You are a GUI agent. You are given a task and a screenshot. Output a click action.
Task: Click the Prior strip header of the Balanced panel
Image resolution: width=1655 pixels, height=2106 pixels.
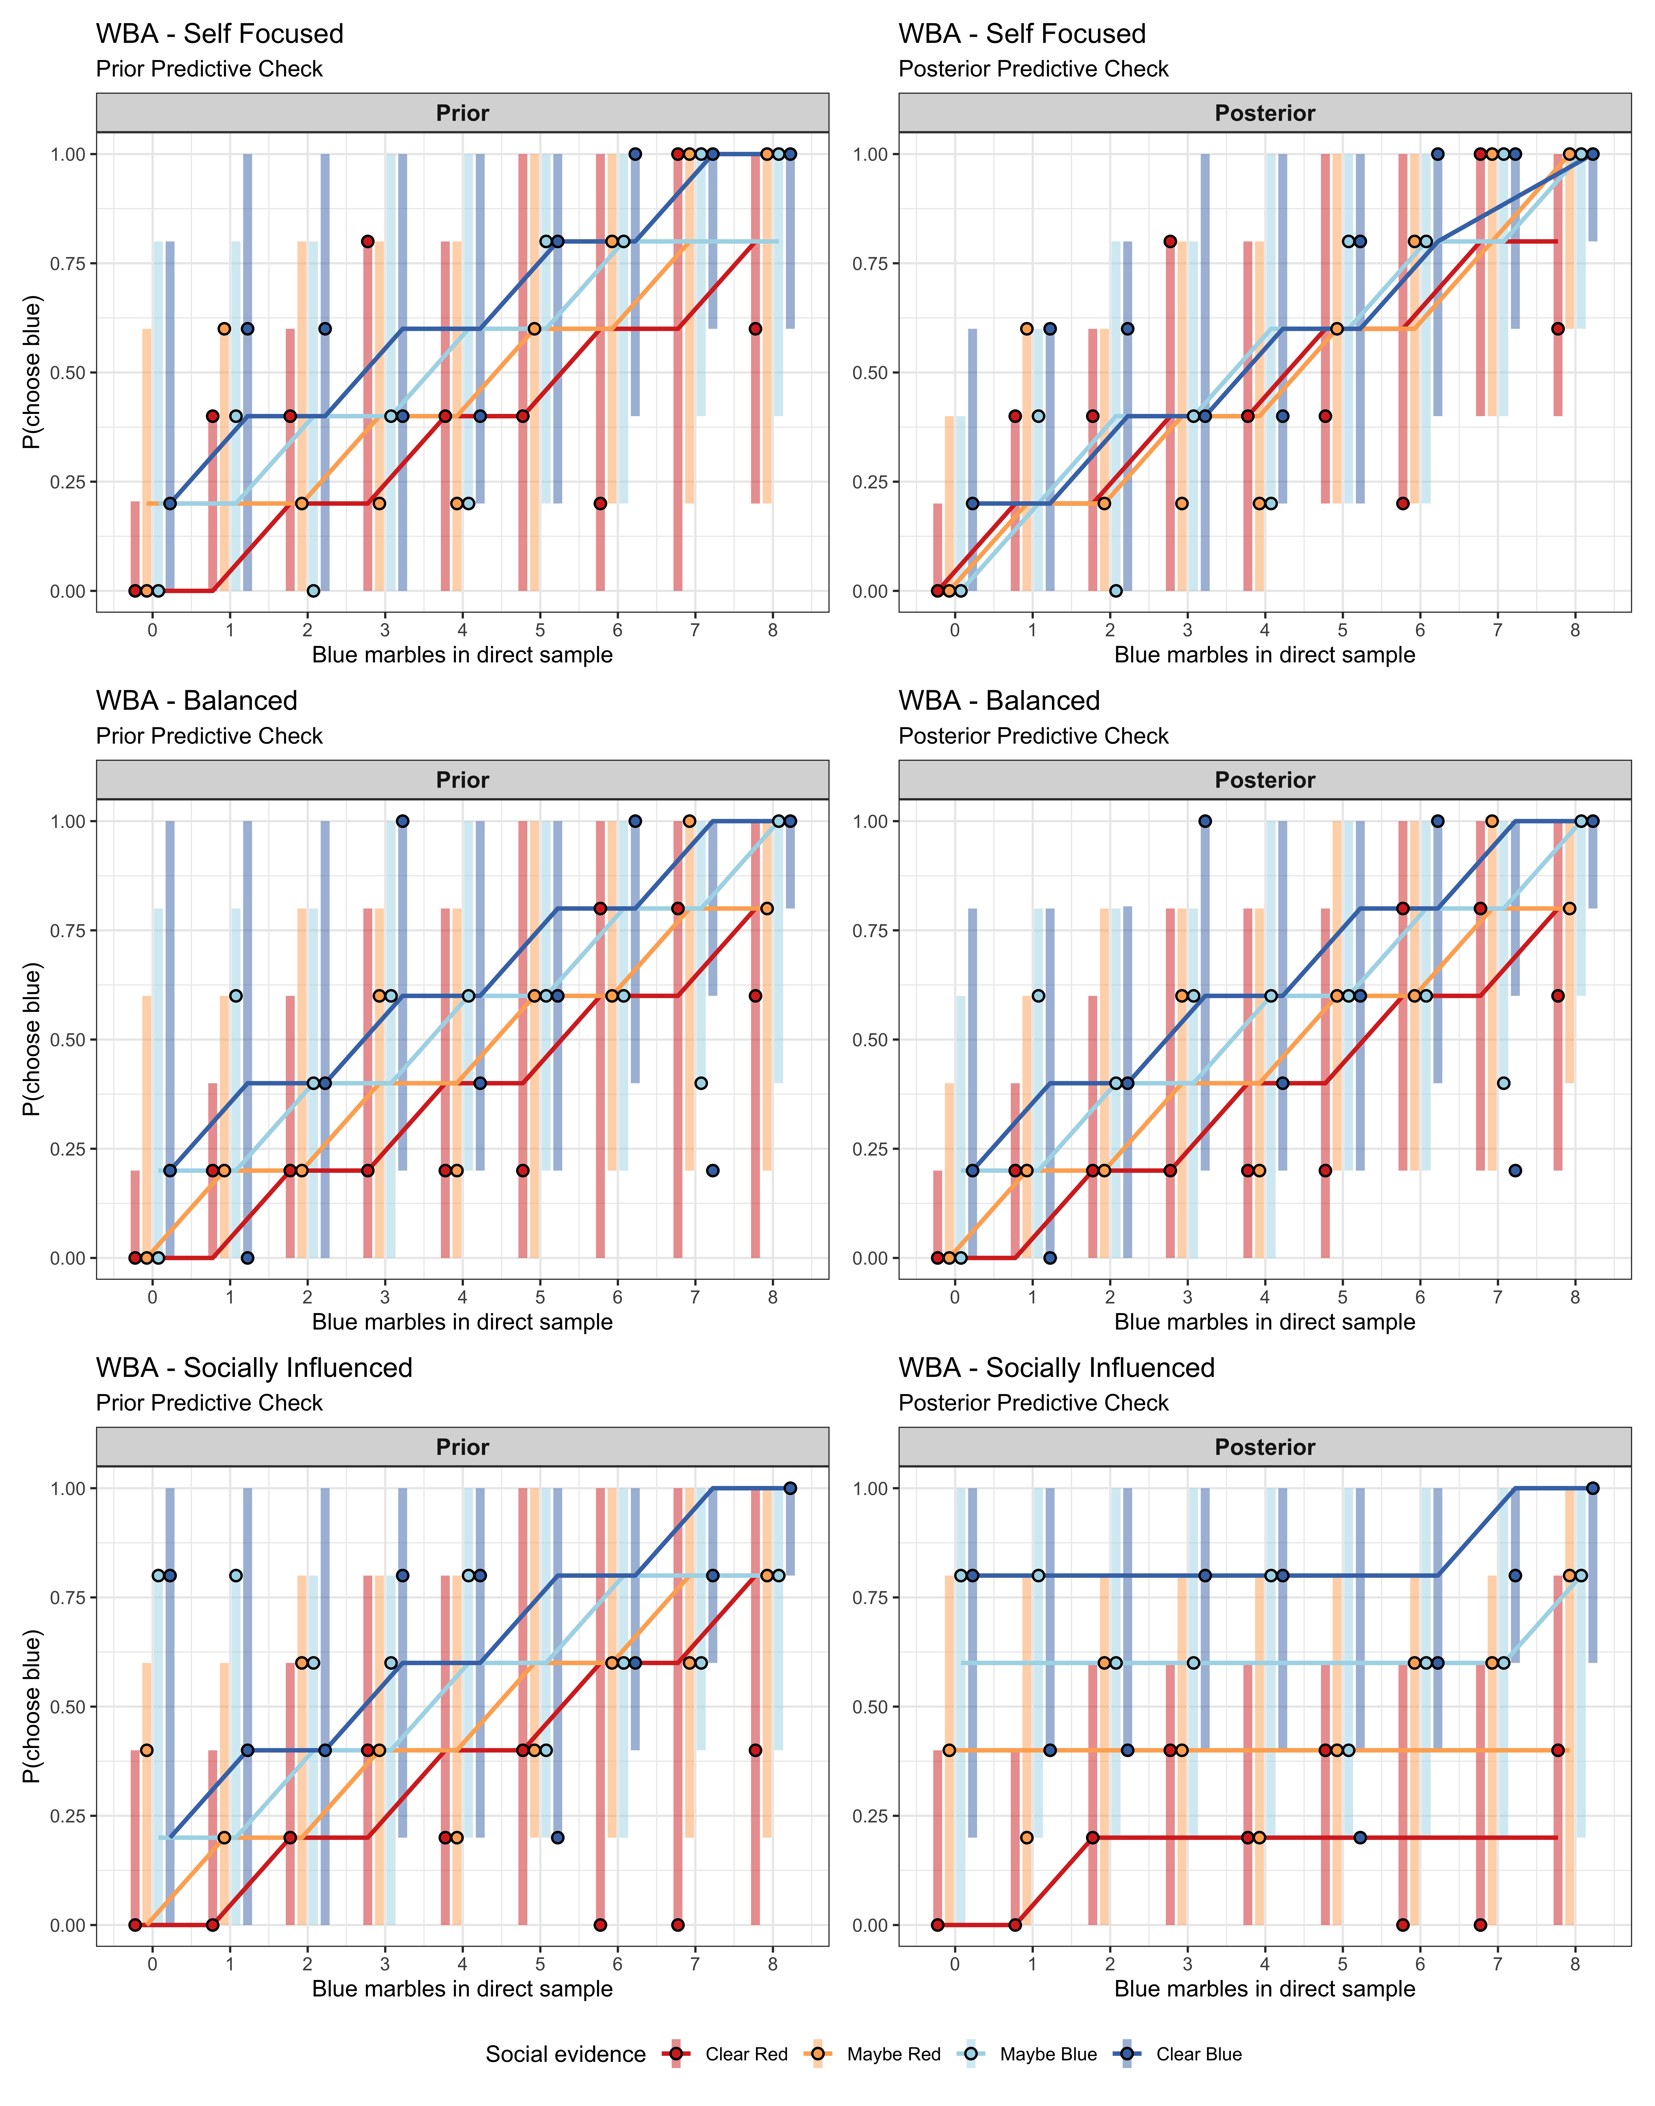pyautogui.click(x=462, y=780)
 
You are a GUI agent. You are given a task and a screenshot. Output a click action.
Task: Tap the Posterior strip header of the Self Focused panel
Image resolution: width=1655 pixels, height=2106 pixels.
pyautogui.click(x=1265, y=113)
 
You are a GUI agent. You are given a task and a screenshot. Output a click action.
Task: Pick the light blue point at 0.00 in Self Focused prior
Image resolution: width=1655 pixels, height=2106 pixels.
pyautogui.click(x=313, y=591)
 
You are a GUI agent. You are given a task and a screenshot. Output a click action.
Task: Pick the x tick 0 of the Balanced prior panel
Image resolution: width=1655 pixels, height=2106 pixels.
pyautogui.click(x=152, y=1297)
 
